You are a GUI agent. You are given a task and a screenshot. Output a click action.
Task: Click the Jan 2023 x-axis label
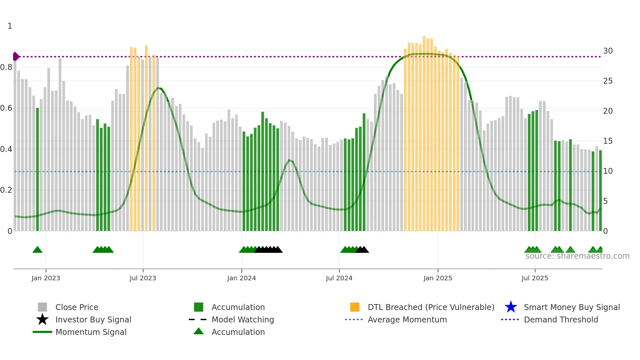tap(46, 278)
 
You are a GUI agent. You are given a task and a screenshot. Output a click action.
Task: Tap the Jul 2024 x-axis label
tap(339, 278)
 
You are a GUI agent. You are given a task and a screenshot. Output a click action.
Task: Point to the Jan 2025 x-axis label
tap(438, 278)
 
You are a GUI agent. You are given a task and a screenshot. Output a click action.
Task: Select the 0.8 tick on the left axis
tap(6, 67)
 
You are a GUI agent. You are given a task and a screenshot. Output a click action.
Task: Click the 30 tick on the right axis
tap(608, 51)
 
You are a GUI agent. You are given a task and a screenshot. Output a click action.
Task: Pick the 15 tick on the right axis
tap(608, 141)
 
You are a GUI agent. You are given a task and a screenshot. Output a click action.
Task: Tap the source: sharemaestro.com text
tap(577, 256)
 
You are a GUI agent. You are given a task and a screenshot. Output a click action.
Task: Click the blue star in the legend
tap(511, 307)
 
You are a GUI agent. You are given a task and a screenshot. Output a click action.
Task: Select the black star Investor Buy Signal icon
tap(42, 319)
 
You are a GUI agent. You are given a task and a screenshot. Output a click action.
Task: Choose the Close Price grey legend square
tap(42, 307)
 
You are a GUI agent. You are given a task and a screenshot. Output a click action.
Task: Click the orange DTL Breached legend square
tap(355, 307)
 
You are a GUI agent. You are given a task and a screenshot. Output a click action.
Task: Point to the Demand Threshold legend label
tap(561, 319)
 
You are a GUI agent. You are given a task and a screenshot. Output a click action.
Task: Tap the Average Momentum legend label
tap(407, 319)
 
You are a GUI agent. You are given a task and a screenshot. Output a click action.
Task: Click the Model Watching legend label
tap(243, 319)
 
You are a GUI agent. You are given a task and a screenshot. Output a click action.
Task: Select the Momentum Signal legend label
tap(91, 332)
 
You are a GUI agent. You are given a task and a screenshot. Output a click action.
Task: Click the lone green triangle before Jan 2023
tap(38, 250)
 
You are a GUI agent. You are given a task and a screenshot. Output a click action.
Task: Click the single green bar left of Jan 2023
tap(38, 170)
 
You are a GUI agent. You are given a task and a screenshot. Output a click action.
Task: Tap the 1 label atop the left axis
tap(10, 26)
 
